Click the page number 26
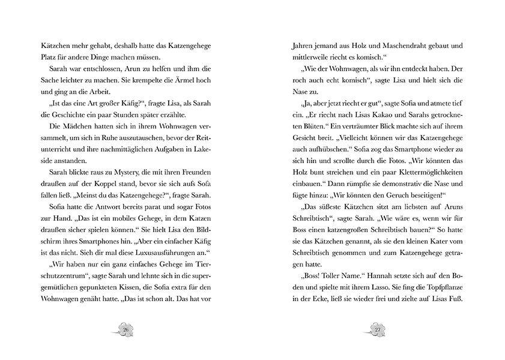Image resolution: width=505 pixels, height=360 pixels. pos(125,329)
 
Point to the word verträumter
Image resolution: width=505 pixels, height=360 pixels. pos(360,127)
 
